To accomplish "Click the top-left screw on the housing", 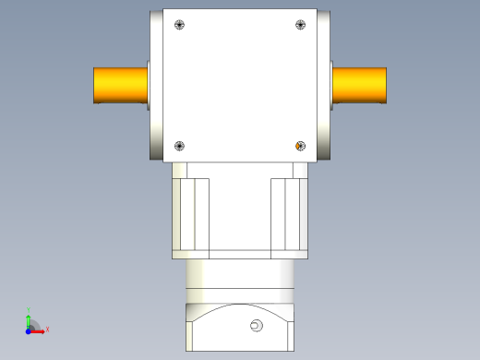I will (179, 25).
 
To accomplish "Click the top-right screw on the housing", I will (299, 25).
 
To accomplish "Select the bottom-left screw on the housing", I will (179, 145).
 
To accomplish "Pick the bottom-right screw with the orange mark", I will (299, 145).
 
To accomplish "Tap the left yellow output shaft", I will (119, 85).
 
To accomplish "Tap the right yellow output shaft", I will (359, 85).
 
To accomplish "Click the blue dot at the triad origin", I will (28, 330).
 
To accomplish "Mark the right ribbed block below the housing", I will (287, 214).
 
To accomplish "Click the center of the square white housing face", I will (240, 85).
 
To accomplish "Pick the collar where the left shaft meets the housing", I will (148, 85).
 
